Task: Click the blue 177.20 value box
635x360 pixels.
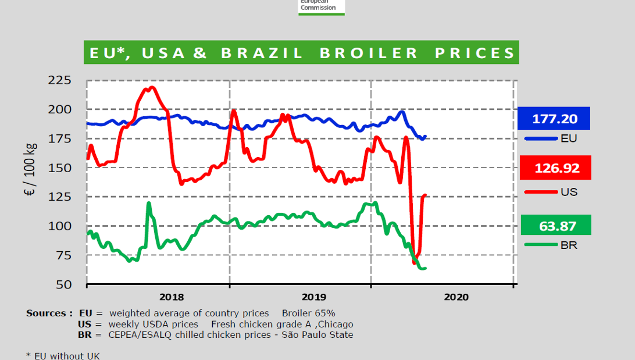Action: pos(554,119)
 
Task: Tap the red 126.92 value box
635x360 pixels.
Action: pos(556,167)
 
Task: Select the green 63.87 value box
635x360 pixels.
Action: pos(556,225)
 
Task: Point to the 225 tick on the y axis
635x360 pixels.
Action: pos(59,80)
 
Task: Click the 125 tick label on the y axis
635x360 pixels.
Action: pos(59,197)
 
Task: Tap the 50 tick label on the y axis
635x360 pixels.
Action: pos(64,284)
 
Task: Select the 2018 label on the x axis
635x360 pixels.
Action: pos(172,297)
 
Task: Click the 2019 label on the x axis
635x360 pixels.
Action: pos(314,297)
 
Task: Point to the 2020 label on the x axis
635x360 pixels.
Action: pos(456,297)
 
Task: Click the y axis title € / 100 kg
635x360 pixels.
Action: pos(30,169)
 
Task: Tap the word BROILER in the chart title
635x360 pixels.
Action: pos(369,53)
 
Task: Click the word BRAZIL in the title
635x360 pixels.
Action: pos(262,53)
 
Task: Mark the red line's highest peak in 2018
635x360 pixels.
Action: pos(152,87)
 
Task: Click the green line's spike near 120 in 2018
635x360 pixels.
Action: pos(149,204)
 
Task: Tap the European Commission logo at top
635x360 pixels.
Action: pos(322,8)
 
